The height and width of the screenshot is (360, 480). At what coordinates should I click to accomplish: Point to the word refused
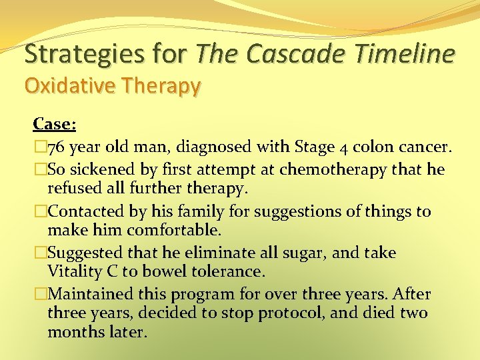pos(73,189)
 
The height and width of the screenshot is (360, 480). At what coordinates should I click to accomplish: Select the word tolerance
pos(224,271)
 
